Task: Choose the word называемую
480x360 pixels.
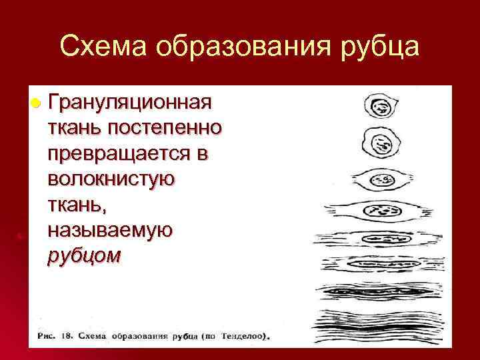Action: (x=110, y=230)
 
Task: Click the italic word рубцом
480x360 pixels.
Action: (x=84, y=256)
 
